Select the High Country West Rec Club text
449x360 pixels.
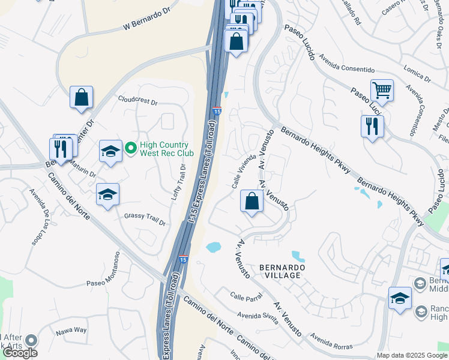pos(164,149)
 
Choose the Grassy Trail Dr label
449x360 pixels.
pos(145,219)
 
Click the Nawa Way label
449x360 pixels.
pos(71,331)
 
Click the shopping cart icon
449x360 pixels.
pos(382,91)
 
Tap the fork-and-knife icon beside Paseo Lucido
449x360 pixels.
pos(372,127)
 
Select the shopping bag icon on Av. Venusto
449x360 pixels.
pos(253,202)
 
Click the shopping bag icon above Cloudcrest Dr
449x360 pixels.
pos(82,97)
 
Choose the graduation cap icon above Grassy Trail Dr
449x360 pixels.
pos(107,194)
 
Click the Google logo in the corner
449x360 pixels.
pos(20,353)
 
